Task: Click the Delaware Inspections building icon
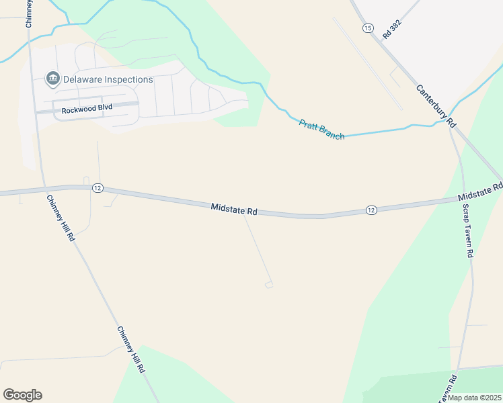(52, 79)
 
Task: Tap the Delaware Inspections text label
(108, 79)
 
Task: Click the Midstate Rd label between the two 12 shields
(234, 210)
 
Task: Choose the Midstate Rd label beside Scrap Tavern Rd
(480, 192)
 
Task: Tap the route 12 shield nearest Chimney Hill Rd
(98, 188)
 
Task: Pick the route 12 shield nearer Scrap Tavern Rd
(371, 210)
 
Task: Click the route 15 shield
(367, 28)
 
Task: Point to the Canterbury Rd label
(436, 106)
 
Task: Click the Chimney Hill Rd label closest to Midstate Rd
(60, 218)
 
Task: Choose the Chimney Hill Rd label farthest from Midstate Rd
(131, 349)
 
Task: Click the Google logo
(22, 395)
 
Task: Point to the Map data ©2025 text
(474, 398)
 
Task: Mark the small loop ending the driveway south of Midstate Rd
(269, 285)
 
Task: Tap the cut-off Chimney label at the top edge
(30, 12)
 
